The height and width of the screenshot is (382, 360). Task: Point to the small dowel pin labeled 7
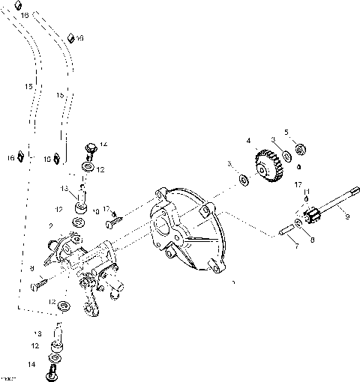point(287,230)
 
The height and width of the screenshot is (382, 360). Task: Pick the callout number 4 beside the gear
point(248,139)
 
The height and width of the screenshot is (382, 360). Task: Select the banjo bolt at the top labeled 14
point(89,151)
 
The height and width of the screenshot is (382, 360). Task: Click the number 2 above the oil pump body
point(51,225)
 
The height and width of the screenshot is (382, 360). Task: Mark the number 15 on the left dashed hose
point(28,88)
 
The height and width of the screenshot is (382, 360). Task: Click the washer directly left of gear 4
point(244,178)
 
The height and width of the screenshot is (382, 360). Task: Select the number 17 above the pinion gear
point(298,184)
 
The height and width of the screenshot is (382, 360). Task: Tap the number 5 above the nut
point(286,133)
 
